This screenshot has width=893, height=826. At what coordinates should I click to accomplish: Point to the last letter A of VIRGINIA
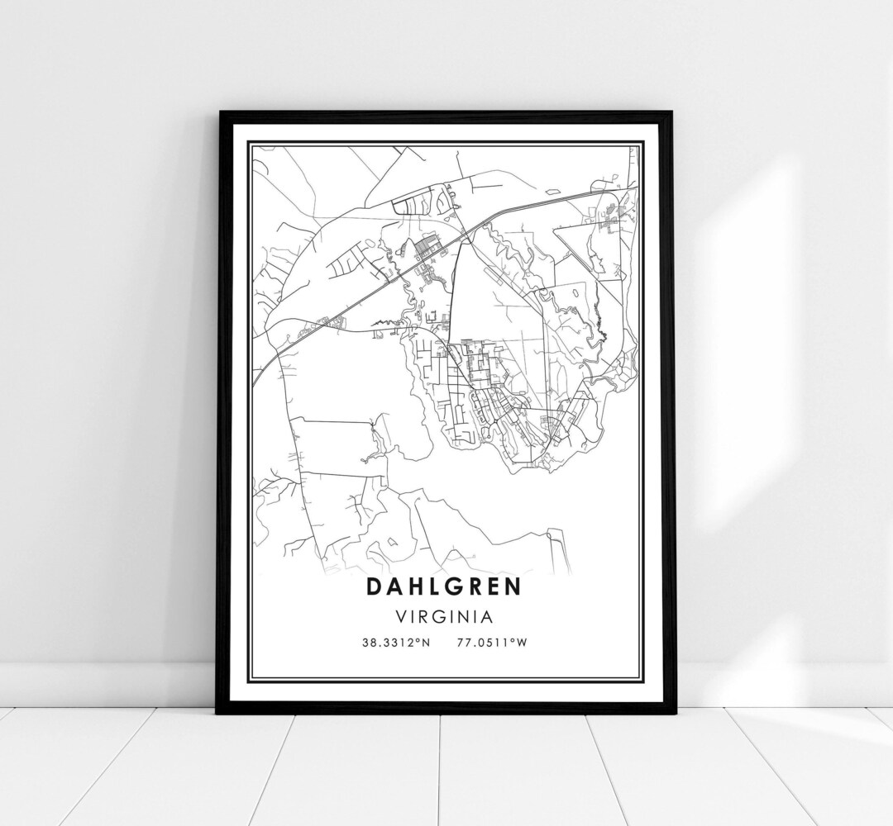point(491,616)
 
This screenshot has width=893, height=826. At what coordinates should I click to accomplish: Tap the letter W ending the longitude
point(522,641)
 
